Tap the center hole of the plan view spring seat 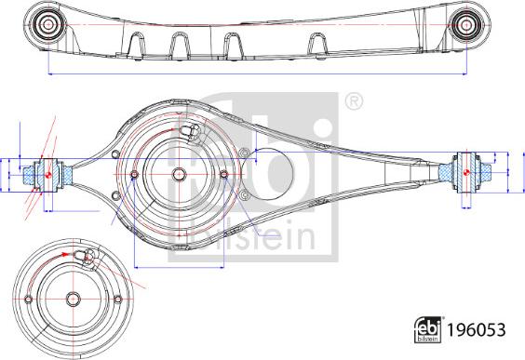tap(179, 174)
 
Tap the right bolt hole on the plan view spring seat tap(223, 174)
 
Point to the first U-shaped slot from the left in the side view tap(138, 45)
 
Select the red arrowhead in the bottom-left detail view tap(65, 254)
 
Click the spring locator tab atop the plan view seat tap(193, 132)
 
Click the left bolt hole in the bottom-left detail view tap(30, 300)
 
